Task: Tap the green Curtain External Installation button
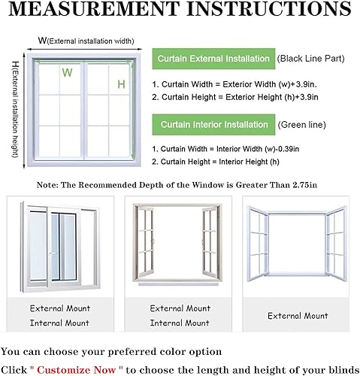[212, 59]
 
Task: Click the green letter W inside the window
[67, 74]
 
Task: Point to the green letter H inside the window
[120, 84]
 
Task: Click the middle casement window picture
[180, 241]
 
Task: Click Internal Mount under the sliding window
[59, 323]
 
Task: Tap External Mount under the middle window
[180, 308]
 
